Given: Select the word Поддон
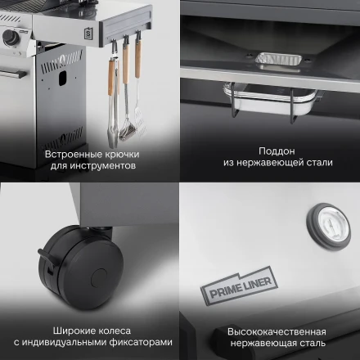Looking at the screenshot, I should point(270,151).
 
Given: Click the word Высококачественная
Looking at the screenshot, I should point(271,332).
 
